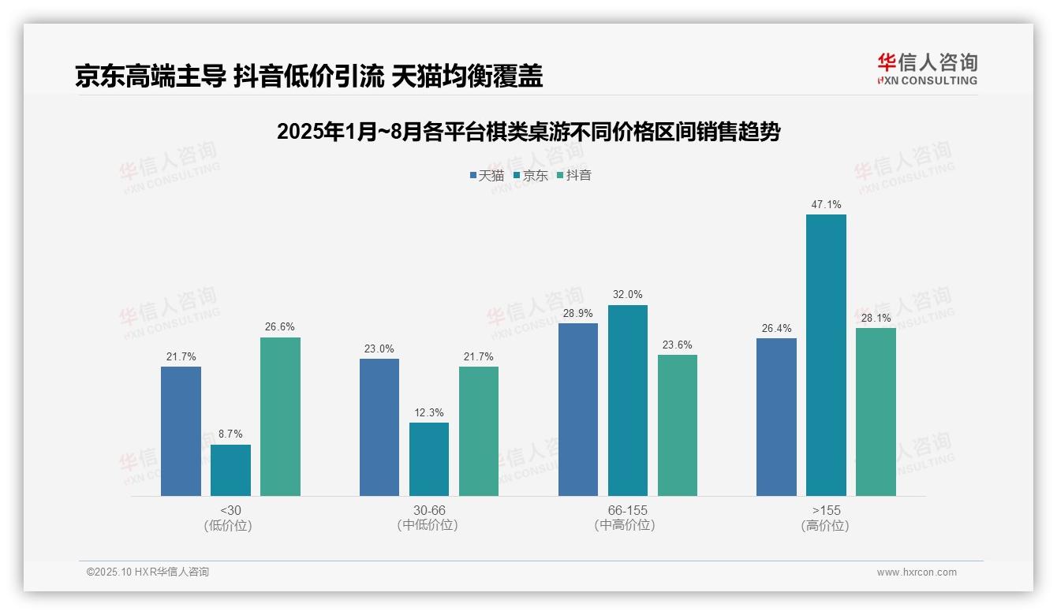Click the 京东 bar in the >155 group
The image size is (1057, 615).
(x=826, y=355)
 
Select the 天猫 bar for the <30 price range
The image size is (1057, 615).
(x=181, y=431)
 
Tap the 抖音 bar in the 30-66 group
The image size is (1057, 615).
(x=479, y=431)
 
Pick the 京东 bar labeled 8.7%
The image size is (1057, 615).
(x=230, y=470)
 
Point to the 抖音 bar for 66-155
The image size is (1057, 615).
(x=678, y=425)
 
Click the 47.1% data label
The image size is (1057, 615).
(x=826, y=205)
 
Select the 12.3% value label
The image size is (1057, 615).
(x=429, y=412)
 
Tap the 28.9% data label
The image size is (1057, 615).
(x=578, y=313)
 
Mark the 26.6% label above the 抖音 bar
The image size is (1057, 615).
(x=280, y=327)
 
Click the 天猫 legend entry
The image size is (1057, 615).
(x=487, y=175)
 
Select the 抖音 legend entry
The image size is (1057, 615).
(x=574, y=175)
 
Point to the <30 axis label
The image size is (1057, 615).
(x=230, y=510)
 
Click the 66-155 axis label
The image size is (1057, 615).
(x=627, y=510)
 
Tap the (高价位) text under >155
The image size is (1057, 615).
(x=826, y=526)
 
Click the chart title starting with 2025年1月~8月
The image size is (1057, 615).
(x=528, y=132)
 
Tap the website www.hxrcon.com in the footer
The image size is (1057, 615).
(x=917, y=572)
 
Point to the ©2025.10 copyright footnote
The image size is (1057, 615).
(x=148, y=572)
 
